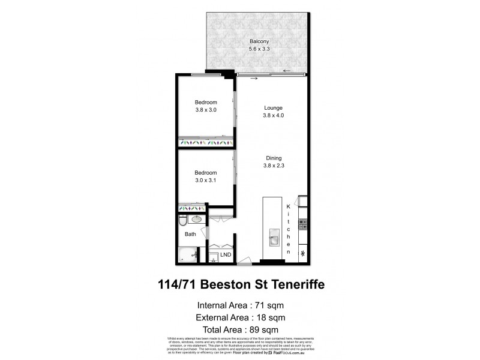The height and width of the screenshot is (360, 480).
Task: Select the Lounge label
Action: (273, 108)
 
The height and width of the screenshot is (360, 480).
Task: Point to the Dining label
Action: (273, 158)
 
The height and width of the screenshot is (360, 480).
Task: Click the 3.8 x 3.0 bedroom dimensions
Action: (206, 110)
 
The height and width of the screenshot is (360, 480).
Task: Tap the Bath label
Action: (190, 234)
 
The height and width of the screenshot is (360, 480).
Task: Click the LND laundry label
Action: (226, 255)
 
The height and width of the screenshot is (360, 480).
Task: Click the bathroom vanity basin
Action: (190, 219)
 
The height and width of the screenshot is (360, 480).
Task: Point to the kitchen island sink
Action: (273, 238)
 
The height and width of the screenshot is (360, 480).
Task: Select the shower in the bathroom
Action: (190, 254)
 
